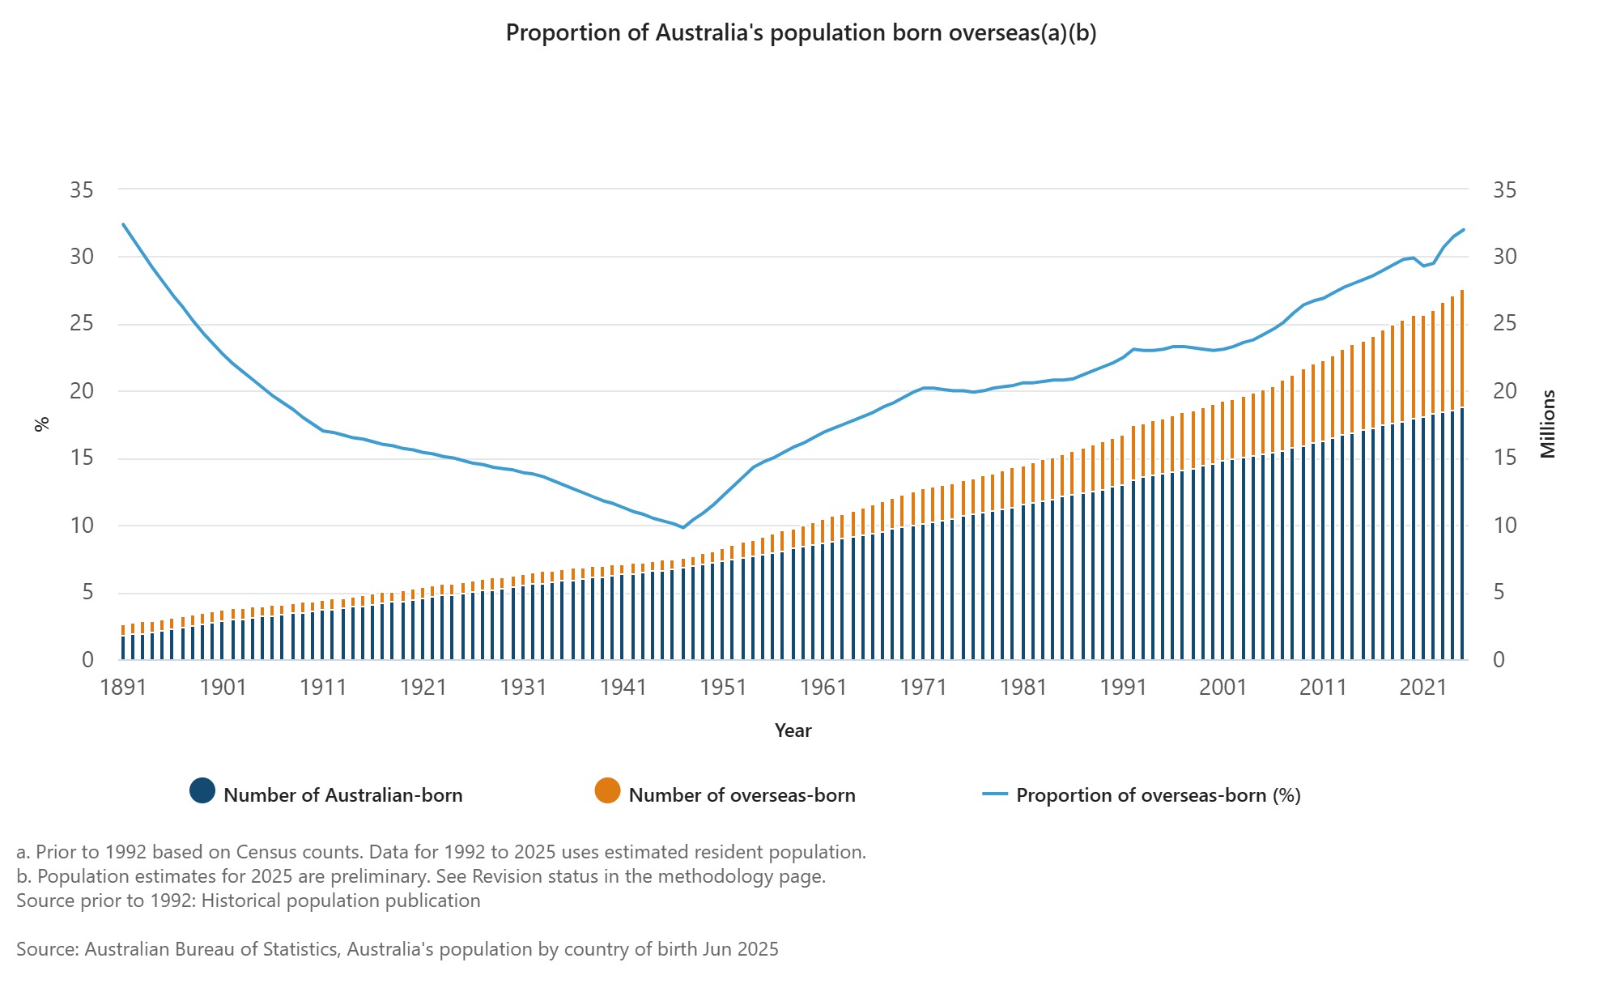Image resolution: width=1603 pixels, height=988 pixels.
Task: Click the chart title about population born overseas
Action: point(801,33)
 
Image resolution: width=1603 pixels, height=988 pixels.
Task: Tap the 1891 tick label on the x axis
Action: point(123,688)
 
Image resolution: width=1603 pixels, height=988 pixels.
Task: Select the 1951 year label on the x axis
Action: point(723,688)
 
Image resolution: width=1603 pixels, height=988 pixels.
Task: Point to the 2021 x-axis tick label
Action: point(1422,688)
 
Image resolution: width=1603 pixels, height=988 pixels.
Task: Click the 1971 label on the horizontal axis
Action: point(923,688)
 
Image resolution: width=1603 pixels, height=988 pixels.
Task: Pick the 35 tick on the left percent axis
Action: point(82,190)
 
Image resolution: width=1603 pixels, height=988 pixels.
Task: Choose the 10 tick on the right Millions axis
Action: point(1504,526)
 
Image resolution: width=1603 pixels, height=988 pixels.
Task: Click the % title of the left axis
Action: point(42,424)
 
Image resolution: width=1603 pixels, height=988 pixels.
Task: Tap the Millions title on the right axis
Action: point(1548,424)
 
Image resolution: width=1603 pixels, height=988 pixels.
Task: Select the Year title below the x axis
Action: point(793,730)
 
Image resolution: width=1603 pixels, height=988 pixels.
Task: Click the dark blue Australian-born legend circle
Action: point(202,791)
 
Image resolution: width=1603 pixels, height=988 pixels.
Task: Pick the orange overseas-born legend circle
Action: point(607,791)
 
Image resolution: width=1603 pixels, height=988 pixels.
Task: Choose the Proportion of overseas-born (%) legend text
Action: point(1158,795)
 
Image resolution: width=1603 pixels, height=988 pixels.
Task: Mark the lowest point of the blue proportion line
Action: point(683,528)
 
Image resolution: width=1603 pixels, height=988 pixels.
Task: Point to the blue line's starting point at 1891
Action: point(123,224)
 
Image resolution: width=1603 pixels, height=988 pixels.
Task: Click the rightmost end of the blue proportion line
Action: point(1463,229)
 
